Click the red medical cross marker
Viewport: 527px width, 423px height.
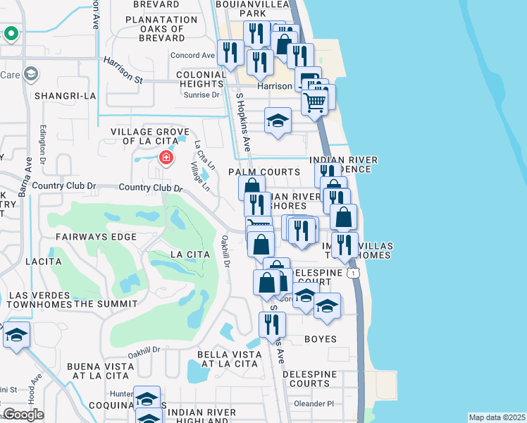pos(166,157)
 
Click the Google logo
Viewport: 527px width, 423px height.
pos(23,415)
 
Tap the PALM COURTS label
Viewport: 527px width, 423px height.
pos(264,172)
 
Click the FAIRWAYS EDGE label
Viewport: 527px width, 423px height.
pos(96,237)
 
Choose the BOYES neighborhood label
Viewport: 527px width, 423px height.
pos(320,339)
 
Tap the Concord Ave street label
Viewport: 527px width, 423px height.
pos(192,56)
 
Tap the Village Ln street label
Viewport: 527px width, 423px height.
pos(199,176)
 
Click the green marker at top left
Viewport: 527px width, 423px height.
pos(11,33)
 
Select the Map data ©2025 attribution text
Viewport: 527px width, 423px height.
pos(497,417)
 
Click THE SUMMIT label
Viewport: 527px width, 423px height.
pos(106,304)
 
